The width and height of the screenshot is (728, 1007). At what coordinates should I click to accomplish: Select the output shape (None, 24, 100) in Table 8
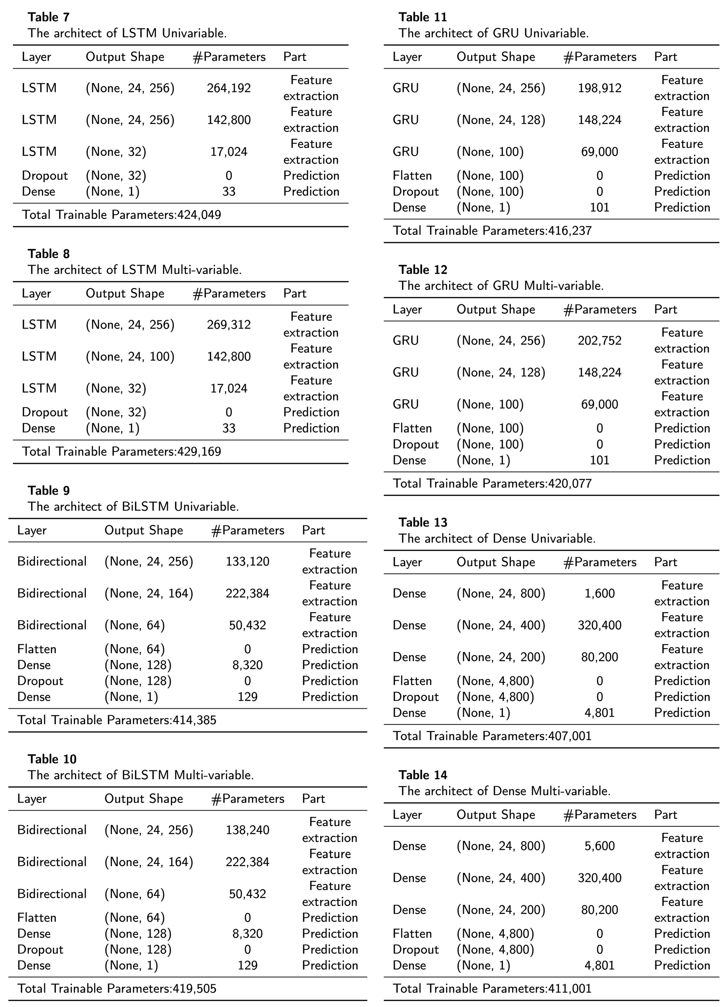(x=130, y=357)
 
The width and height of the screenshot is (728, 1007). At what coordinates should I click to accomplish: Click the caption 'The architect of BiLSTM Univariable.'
(x=133, y=507)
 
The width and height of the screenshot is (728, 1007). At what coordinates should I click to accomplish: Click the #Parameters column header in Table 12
(x=600, y=309)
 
